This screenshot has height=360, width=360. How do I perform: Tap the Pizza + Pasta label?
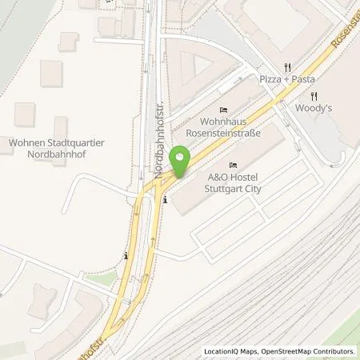coord(286,80)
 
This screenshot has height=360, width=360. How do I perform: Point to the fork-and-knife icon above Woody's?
coord(314,94)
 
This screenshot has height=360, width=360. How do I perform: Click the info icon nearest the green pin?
coord(165,200)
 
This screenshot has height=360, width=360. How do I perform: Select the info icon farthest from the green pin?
coord(126,256)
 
